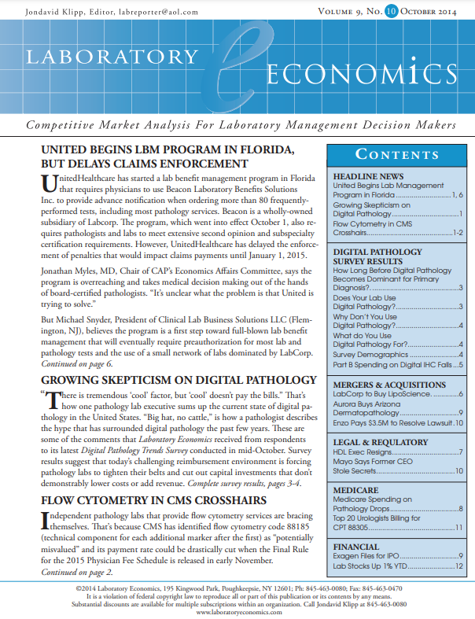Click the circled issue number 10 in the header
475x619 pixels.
coord(392,13)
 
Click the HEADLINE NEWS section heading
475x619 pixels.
coord(369,176)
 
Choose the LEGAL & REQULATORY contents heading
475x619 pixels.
coord(380,443)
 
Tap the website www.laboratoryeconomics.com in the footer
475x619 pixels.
coord(237,611)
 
